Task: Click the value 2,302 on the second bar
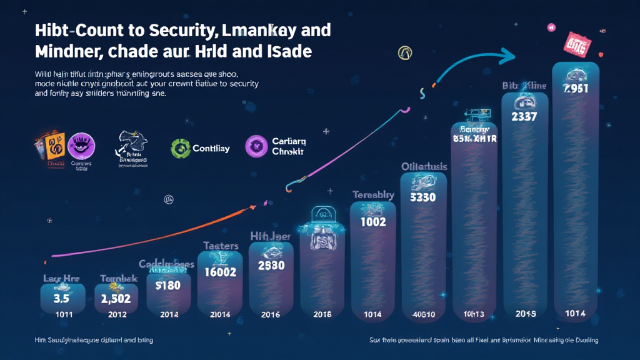pos(116,299)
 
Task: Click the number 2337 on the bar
pos(524,117)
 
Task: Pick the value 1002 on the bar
pos(373,221)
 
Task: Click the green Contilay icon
pos(181,148)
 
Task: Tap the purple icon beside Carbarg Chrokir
pos(256,147)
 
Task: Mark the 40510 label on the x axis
pos(423,314)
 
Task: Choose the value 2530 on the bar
pos(271,265)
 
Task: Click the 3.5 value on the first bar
pos(62,299)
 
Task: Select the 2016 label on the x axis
pos(271,314)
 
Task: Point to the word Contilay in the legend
pos(211,149)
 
